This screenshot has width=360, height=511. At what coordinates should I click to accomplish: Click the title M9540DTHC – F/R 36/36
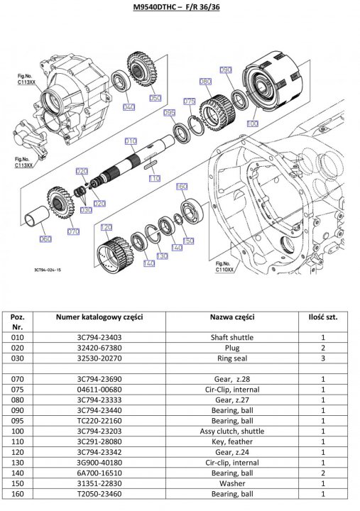(x=176, y=6)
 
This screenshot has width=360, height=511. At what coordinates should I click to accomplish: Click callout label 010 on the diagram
(x=131, y=141)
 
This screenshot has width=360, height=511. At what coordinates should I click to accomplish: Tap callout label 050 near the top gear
(x=156, y=98)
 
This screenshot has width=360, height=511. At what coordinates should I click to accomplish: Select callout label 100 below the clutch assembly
(x=252, y=123)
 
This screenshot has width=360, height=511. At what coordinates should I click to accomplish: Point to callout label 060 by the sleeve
(x=45, y=239)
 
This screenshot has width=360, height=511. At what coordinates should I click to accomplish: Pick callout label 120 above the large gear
(x=107, y=227)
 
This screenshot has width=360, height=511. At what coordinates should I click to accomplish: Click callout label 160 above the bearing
(x=182, y=187)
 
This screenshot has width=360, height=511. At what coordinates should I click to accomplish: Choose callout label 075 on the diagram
(x=190, y=101)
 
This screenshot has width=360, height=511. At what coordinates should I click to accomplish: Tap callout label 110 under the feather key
(x=154, y=178)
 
